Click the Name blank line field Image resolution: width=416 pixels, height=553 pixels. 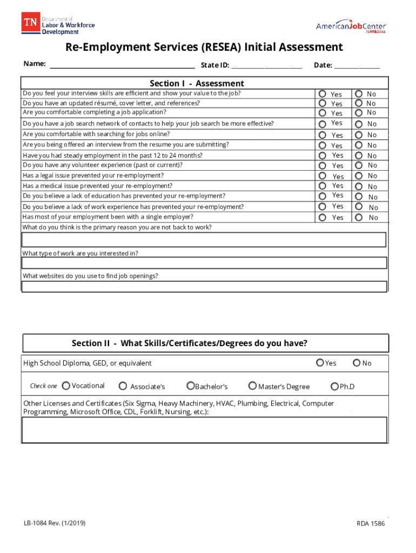tap(122, 65)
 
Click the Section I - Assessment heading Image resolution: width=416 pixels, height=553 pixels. tap(197, 83)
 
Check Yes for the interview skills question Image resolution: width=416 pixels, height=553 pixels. tap(323, 93)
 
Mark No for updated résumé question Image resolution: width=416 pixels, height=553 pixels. tap(359, 103)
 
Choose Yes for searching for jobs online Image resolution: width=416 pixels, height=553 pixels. tap(323, 134)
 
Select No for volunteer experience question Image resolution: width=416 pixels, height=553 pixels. tap(359, 165)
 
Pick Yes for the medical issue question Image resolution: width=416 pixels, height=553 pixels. tap(323, 186)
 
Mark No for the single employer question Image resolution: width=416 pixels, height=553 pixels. tap(359, 217)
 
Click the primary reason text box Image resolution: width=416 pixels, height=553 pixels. tap(204, 239)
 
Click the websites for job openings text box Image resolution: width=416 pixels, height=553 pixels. tap(204, 286)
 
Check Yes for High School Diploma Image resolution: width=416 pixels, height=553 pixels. tap(320, 362)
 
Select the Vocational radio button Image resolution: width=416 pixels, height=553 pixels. tap(66, 386)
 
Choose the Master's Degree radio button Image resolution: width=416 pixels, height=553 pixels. tap(252, 386)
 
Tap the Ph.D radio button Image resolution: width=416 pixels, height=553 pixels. tap(335, 386)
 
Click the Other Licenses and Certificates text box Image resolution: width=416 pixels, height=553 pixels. tap(204, 430)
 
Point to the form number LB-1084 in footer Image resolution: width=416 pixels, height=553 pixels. tap(54, 523)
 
